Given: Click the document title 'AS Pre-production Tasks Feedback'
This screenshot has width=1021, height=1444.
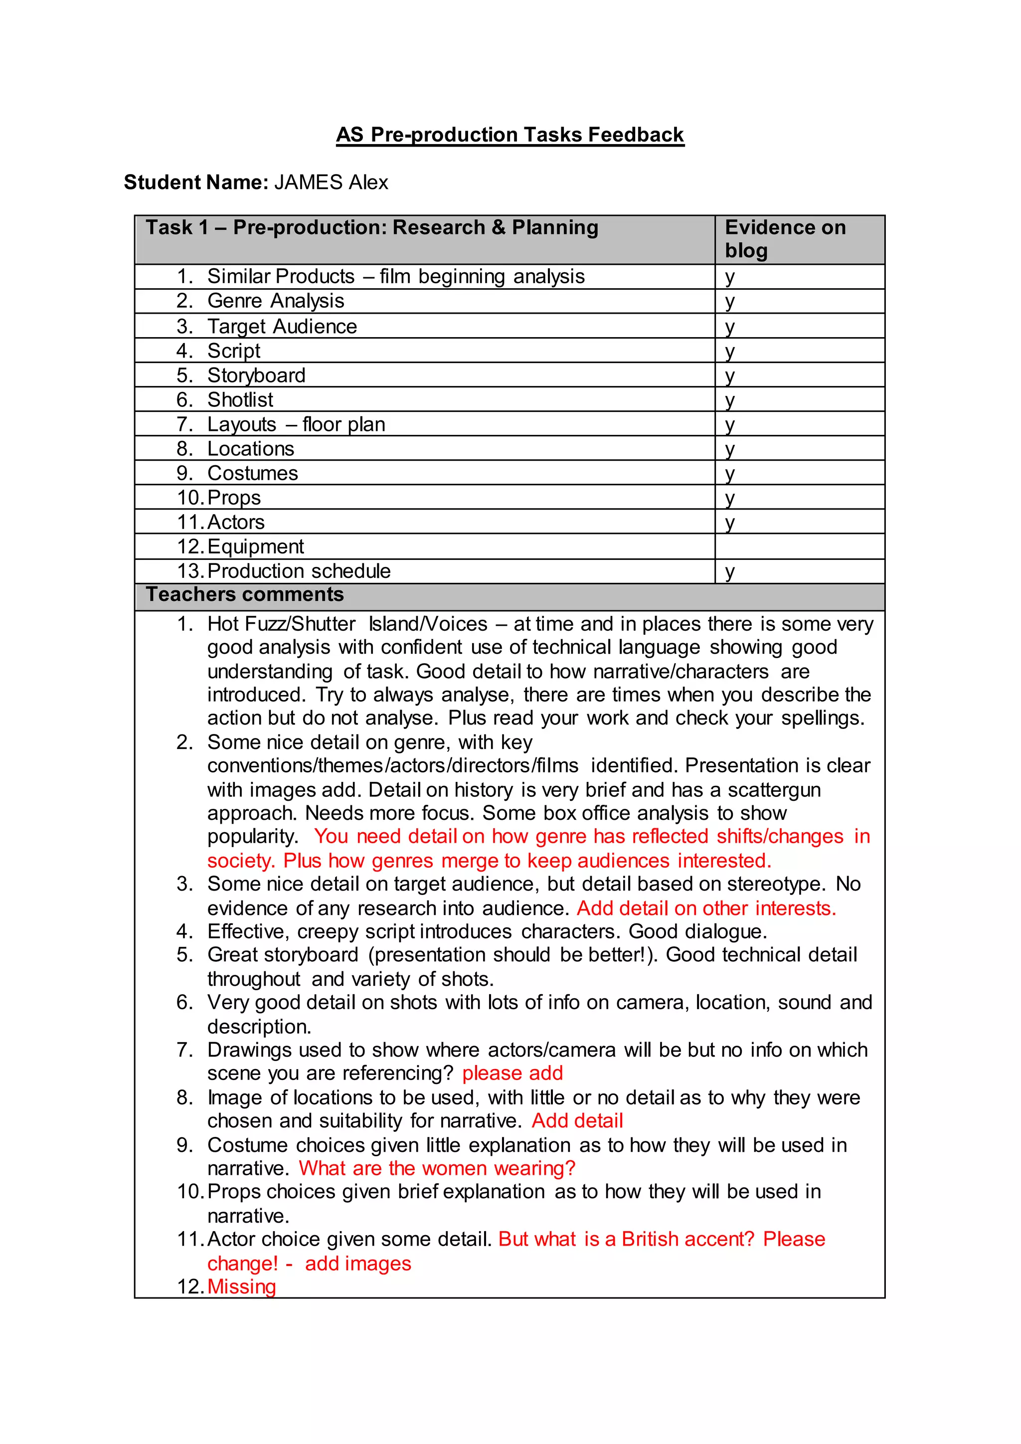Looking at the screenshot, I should (510, 135).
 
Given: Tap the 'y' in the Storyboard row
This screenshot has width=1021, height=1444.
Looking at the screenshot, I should (729, 375).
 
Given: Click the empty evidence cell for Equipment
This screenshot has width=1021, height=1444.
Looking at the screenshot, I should (799, 546).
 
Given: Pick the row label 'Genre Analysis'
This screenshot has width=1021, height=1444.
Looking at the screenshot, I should (275, 301).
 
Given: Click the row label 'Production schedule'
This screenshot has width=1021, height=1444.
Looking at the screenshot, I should (299, 571).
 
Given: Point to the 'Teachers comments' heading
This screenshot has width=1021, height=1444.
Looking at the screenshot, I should (245, 595).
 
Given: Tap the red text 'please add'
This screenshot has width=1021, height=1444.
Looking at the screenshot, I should (512, 1073).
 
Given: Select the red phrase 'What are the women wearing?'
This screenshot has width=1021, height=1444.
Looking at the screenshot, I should (437, 1169).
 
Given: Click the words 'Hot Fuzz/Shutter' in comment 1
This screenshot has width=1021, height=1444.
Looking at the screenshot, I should (282, 624).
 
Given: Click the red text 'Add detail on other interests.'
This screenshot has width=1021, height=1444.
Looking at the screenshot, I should (706, 909).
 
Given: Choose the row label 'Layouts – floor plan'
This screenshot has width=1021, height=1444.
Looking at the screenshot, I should (296, 424).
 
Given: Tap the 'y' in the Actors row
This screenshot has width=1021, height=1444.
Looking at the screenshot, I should (729, 523).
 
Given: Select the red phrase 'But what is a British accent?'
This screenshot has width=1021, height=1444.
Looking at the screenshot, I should (626, 1240).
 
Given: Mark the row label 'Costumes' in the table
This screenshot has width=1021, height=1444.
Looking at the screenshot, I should (253, 474).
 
